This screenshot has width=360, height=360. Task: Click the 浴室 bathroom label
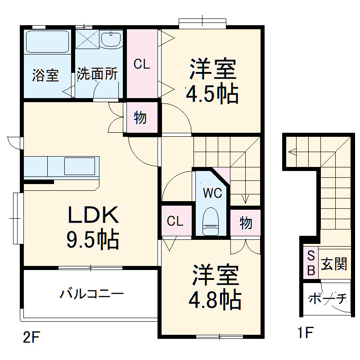(x=45, y=75)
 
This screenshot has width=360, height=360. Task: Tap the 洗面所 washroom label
(x=97, y=74)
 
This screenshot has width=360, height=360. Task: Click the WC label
(x=212, y=193)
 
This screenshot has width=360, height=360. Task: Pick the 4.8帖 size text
(x=215, y=299)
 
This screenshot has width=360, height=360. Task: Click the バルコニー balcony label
(x=92, y=295)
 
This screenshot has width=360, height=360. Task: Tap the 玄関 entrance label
(x=334, y=264)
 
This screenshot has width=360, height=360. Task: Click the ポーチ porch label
(x=327, y=298)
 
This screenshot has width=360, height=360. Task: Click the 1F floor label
(x=305, y=333)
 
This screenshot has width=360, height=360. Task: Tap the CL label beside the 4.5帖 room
(x=141, y=64)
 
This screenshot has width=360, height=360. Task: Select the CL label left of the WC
(x=175, y=221)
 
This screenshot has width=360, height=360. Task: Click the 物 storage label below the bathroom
(x=140, y=118)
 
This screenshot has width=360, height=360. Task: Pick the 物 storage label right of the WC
(x=245, y=222)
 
